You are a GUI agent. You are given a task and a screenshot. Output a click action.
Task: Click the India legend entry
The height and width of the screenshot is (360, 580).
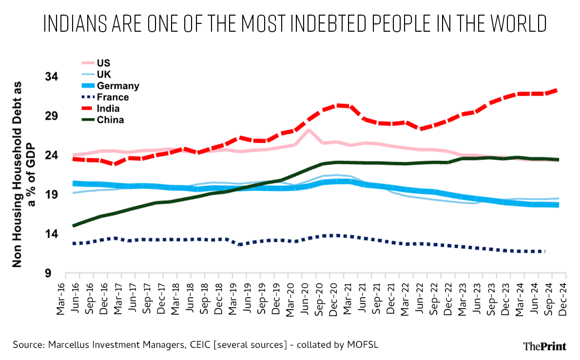click(x=100, y=108)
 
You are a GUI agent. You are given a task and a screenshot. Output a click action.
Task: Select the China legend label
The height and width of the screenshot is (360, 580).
click(x=110, y=120)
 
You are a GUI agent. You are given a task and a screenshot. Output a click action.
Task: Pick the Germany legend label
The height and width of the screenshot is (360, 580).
click(x=118, y=86)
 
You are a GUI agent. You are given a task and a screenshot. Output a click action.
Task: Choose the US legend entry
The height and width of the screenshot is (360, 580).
click(x=96, y=63)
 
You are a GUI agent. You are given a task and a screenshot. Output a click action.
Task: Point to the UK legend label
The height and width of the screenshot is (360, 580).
click(x=104, y=75)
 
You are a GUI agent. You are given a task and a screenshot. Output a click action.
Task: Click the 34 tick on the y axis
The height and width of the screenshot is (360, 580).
click(x=52, y=77)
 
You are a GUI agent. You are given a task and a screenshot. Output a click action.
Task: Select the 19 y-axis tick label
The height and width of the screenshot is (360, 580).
click(x=52, y=195)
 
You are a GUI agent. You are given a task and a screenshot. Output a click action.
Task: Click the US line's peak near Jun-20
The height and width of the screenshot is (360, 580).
click(x=309, y=130)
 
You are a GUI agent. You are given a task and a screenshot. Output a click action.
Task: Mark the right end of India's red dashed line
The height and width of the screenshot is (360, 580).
click(x=557, y=90)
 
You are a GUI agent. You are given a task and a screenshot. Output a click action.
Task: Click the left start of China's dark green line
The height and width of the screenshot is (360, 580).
click(x=74, y=225)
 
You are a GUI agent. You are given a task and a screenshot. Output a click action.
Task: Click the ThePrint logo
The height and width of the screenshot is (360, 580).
click(x=544, y=346)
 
